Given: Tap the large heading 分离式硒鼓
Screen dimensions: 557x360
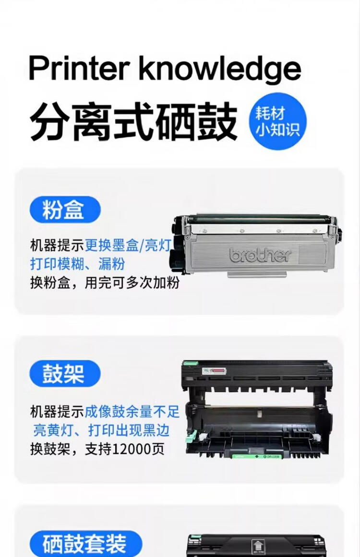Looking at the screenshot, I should tap(133, 120).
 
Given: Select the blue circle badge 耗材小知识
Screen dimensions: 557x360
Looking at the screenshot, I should tap(277, 121).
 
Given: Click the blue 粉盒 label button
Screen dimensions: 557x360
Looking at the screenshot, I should tap(65, 209).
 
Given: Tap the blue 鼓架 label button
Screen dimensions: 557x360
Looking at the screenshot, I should tap(65, 374).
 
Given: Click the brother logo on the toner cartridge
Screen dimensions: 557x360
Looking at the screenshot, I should tap(260, 254).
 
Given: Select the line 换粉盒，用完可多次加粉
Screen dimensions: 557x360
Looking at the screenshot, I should tap(104, 283).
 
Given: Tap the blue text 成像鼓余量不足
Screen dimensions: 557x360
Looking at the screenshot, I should tap(132, 411).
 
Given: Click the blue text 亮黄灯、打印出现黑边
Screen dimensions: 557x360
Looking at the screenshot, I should tap(101, 429).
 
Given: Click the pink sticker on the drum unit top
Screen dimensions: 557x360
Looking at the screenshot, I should tap(217, 371).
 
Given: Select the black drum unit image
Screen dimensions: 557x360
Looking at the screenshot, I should tap(257, 408).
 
